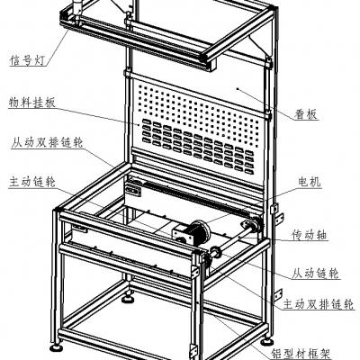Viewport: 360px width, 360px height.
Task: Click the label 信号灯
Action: [x=28, y=60]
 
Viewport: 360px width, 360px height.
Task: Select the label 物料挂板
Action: [x=32, y=103]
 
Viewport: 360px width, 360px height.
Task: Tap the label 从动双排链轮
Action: [x=47, y=142]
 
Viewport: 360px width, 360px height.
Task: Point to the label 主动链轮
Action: [x=32, y=182]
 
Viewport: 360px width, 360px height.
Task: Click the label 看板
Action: [x=306, y=114]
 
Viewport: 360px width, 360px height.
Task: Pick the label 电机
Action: [x=310, y=182]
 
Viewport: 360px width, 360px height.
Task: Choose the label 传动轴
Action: [x=310, y=235]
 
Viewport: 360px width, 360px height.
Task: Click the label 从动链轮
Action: [x=316, y=274]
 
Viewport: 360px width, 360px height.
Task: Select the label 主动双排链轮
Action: [x=319, y=304]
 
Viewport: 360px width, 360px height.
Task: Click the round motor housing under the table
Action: [x=201, y=233]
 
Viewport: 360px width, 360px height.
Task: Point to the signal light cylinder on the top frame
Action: [x=77, y=7]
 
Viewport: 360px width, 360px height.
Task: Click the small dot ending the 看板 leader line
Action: [x=238, y=88]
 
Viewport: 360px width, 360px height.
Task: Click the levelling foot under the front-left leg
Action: [x=56, y=347]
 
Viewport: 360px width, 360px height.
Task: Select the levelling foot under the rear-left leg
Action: [x=128, y=299]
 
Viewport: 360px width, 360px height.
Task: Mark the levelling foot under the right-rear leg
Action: [x=266, y=342]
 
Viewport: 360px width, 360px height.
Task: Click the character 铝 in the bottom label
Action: [x=277, y=353]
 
